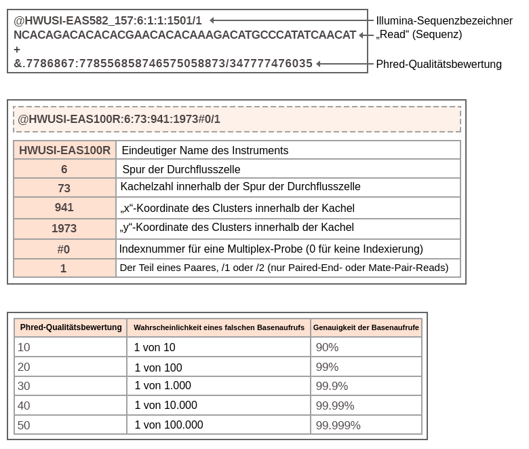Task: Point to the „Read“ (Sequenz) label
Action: click(418, 35)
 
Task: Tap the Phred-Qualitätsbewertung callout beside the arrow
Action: click(439, 65)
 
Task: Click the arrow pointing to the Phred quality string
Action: click(345, 64)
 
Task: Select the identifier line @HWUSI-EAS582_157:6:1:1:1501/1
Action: click(108, 21)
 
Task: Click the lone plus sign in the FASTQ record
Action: click(17, 50)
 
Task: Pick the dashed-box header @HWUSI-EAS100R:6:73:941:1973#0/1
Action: click(119, 120)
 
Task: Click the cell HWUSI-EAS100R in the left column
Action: click(64, 150)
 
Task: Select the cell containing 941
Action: click(64, 208)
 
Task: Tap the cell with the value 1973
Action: click(64, 228)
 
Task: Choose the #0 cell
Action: click(64, 249)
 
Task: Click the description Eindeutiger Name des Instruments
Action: click(204, 150)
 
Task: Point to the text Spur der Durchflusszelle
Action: click(181, 169)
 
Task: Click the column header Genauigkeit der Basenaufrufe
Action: click(366, 328)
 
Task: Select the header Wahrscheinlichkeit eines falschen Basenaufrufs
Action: click(219, 328)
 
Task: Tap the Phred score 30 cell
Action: click(24, 386)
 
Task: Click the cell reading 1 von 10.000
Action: click(165, 406)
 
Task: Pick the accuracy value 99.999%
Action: click(338, 425)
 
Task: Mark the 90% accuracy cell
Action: click(327, 348)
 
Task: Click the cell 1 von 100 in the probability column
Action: click(158, 367)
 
